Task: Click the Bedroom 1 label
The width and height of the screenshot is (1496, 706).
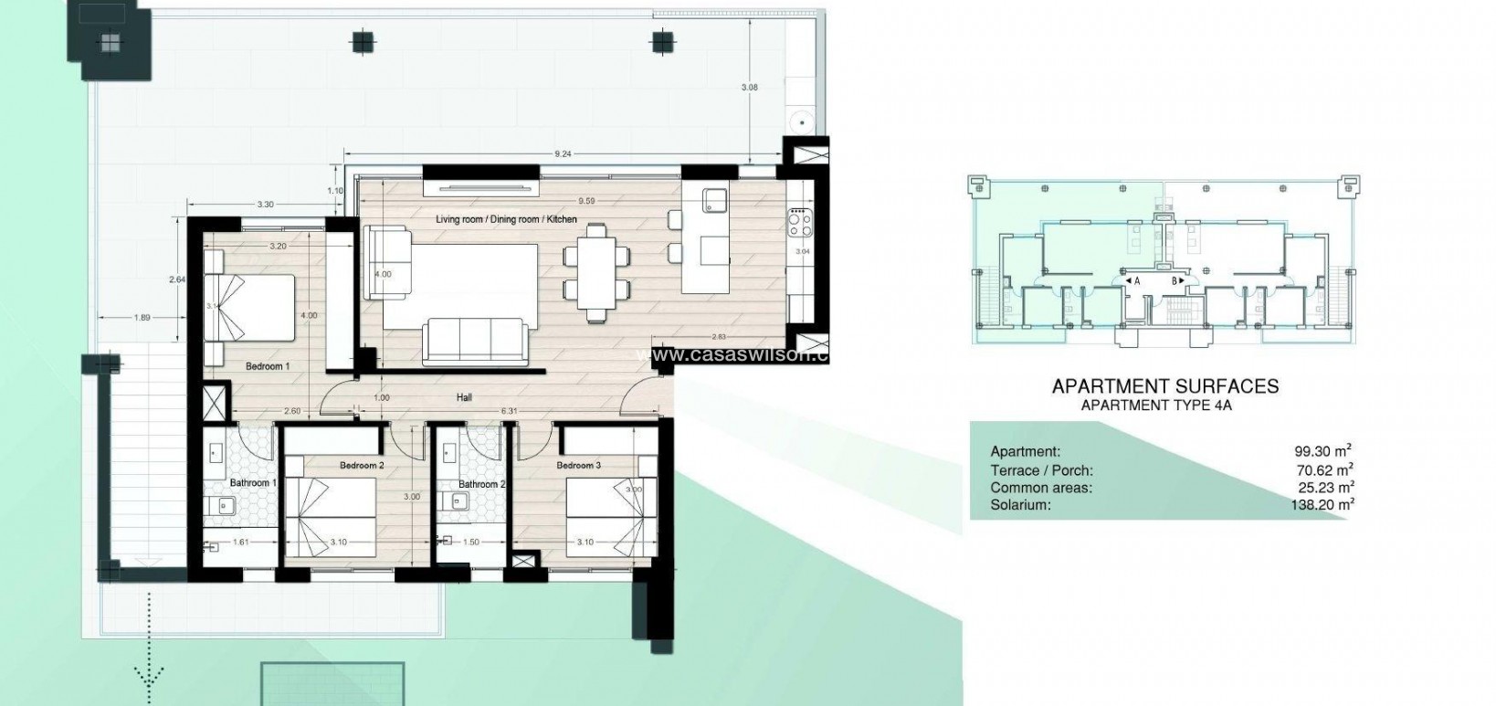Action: pos(268,366)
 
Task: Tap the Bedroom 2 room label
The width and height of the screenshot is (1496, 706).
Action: pos(362,466)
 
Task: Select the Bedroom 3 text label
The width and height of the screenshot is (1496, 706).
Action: pos(579,466)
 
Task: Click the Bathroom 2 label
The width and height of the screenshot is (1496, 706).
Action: pos(481,484)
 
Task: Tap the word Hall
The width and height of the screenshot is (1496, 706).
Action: pos(465,398)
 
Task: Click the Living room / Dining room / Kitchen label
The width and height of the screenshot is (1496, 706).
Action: pos(506,219)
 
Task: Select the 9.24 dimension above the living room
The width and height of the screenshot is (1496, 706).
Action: pos(563,154)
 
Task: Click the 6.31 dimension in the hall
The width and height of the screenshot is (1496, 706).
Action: pos(509,411)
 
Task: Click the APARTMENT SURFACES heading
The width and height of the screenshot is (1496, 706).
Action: pos(1164,386)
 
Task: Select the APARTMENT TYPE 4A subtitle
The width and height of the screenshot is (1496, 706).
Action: pos(1156,406)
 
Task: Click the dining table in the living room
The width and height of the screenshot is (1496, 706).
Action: pos(596,273)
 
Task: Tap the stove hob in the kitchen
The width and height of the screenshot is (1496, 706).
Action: pos(800,218)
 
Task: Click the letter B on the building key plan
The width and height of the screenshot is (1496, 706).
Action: pos(1174,281)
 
